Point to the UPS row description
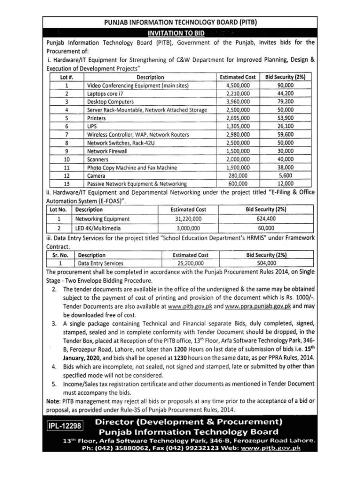[92, 126]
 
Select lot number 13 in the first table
[67, 184]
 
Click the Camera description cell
[96, 175]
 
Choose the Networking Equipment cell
[103, 218]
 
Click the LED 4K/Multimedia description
[98, 228]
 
